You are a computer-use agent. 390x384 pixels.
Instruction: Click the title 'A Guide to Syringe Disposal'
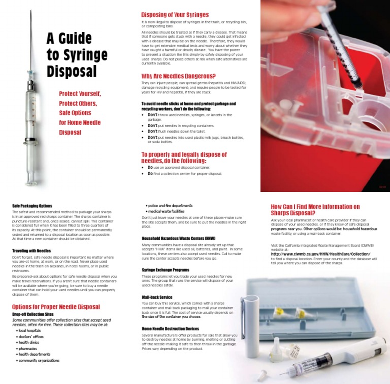pyautogui.click(x=77, y=54)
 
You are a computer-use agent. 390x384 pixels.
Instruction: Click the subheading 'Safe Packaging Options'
pyautogui.click(x=32, y=206)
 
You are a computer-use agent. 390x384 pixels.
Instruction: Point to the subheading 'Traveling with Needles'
pyautogui.click(x=31, y=250)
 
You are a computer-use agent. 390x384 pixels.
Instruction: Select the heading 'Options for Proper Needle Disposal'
pyautogui.click(x=56, y=307)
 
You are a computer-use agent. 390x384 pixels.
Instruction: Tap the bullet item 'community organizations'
pyautogui.click(x=39, y=361)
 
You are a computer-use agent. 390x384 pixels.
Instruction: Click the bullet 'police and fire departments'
pyautogui.click(x=170, y=205)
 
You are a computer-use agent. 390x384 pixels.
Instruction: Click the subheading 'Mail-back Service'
pyautogui.click(x=157, y=297)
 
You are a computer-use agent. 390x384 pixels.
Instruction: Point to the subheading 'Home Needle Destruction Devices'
pyautogui.click(x=170, y=329)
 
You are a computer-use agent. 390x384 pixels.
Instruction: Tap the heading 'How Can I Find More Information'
pyautogui.click(x=315, y=210)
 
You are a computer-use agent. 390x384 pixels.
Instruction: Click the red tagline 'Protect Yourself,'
pyautogui.click(x=80, y=94)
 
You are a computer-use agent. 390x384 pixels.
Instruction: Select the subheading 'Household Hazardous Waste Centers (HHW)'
pyautogui.click(x=178, y=238)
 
